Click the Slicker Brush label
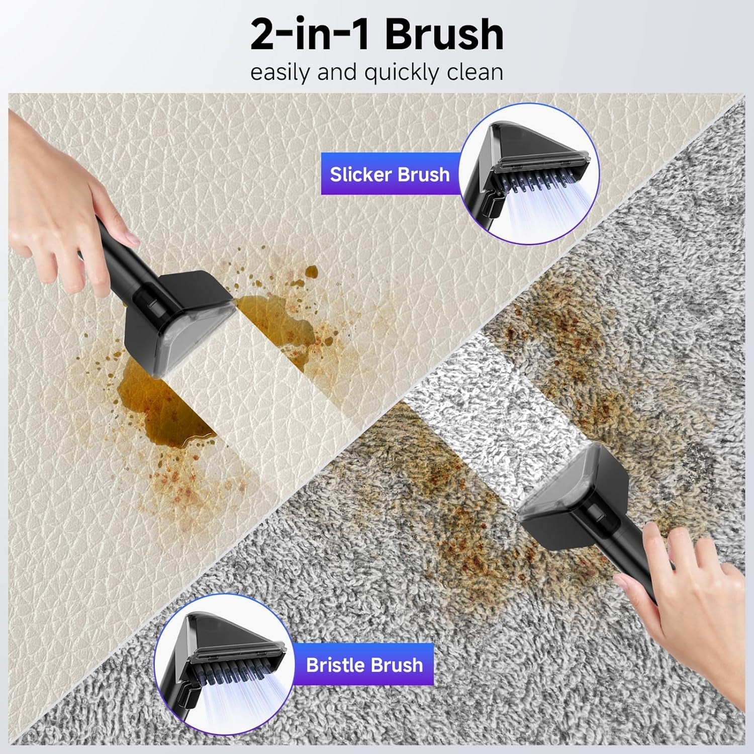click(390, 174)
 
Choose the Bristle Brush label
click(364, 665)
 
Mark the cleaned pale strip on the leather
click(281, 372)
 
